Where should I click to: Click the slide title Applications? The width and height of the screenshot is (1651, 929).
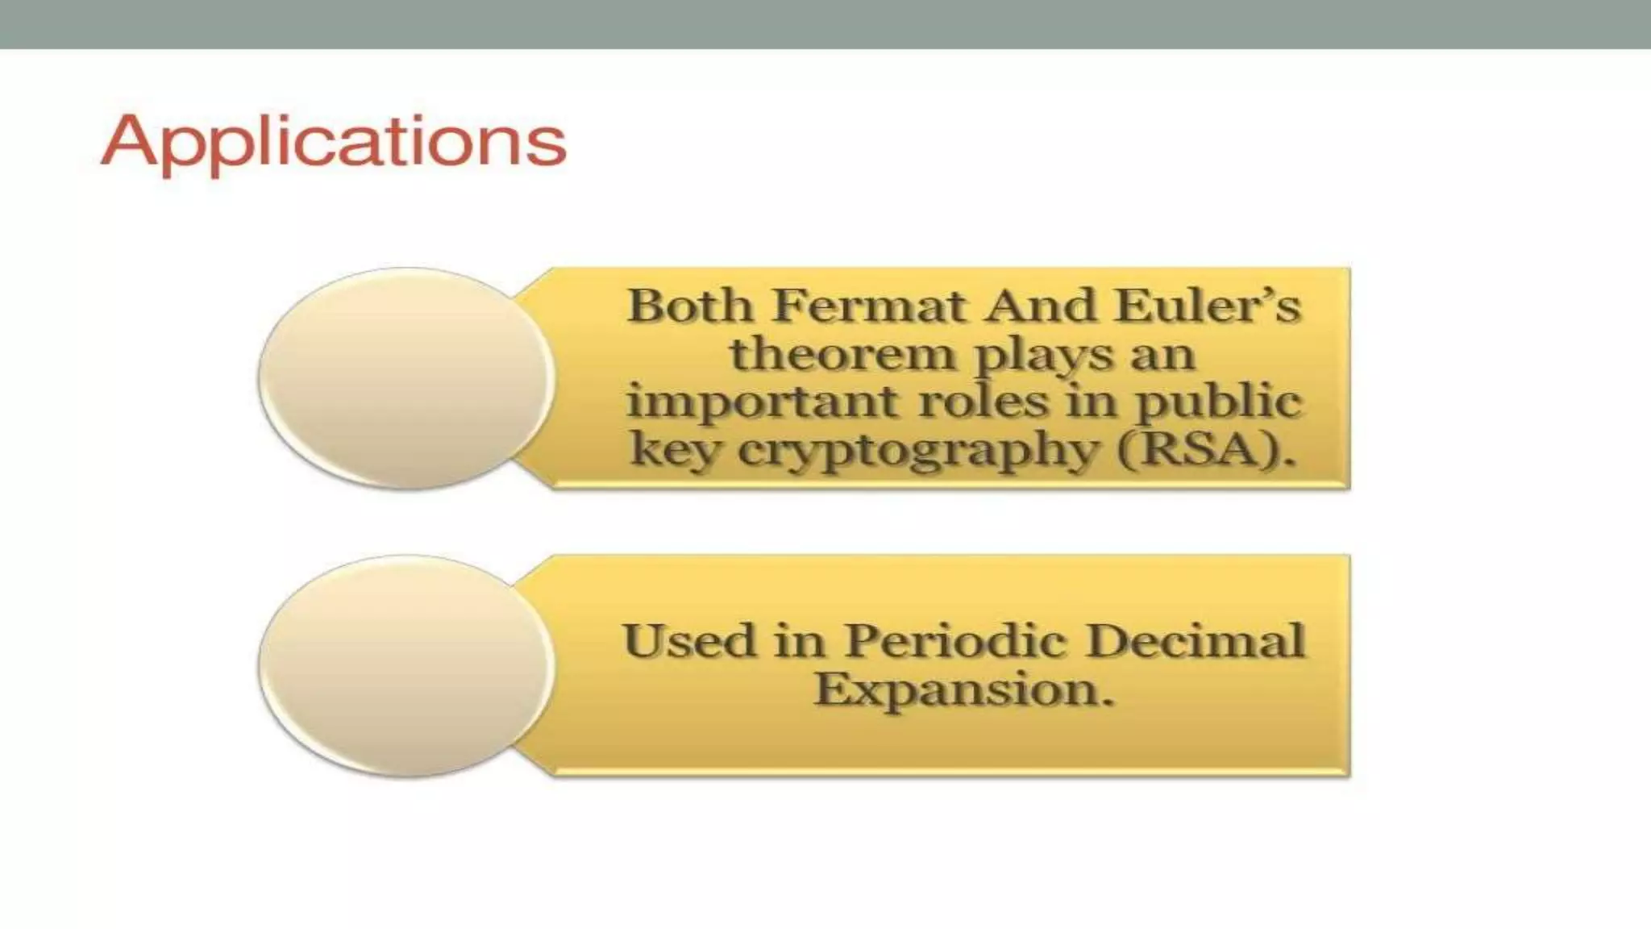pyautogui.click(x=334, y=142)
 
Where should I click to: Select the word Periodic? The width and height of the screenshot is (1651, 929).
pyautogui.click(x=956, y=642)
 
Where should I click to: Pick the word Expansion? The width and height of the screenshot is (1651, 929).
pyautogui.click(x=963, y=690)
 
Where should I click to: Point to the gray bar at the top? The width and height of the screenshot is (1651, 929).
pyautogui.click(x=825, y=24)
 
